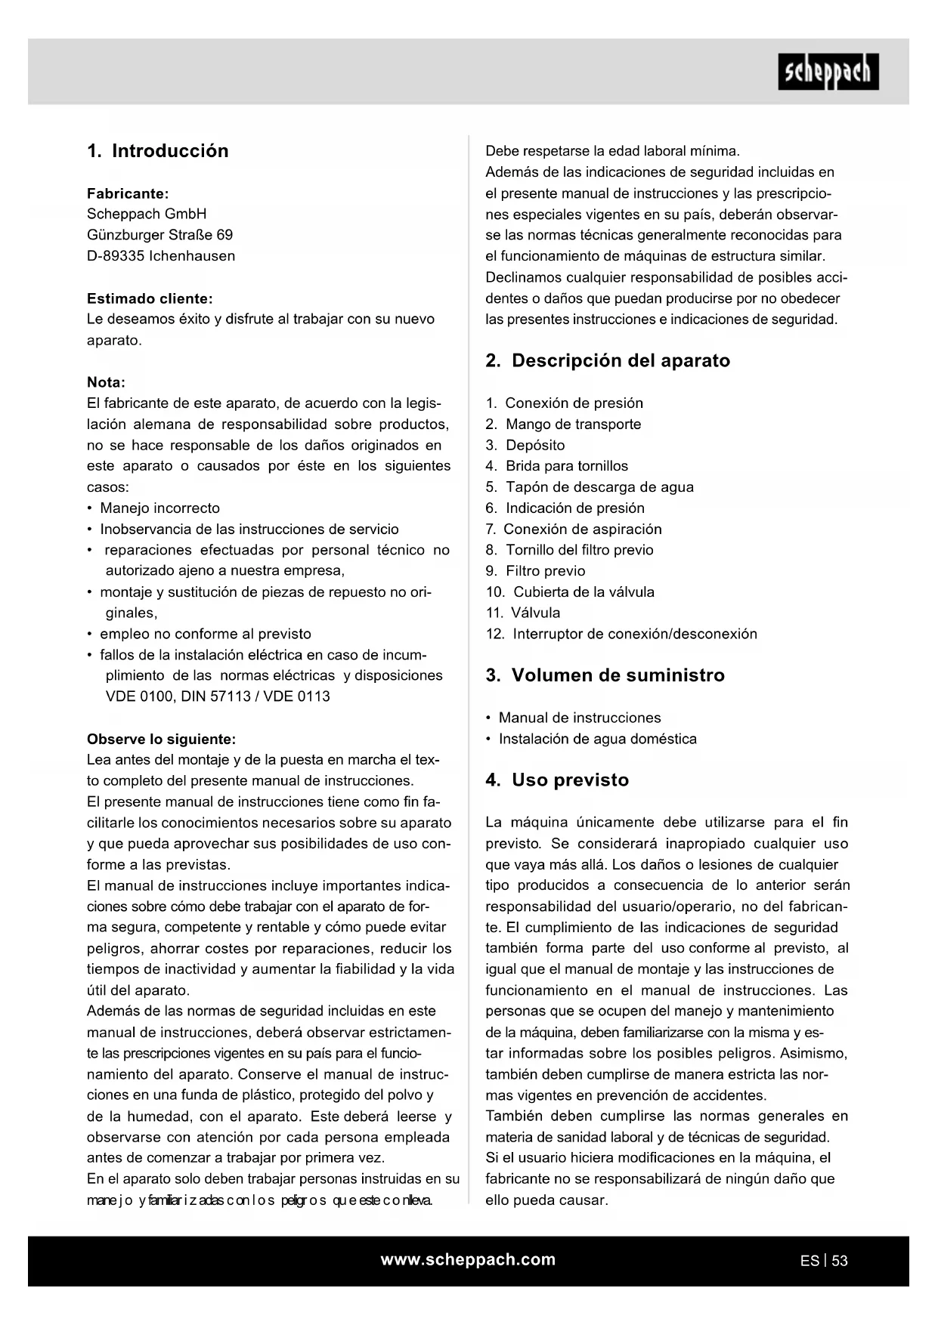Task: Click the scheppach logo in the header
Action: point(828,72)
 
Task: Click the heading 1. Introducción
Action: point(158,151)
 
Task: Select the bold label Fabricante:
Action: point(128,193)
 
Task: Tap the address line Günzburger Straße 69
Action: point(160,235)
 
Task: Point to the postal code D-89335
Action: point(116,256)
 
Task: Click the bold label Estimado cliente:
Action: point(150,298)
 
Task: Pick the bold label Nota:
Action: point(106,382)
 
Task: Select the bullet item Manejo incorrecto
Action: point(159,508)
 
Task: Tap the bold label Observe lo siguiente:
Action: point(161,739)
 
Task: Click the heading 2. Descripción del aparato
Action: point(608,361)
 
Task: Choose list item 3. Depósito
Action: point(525,446)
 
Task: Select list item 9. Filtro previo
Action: point(535,571)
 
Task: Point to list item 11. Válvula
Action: point(523,613)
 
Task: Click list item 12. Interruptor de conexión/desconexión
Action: point(621,634)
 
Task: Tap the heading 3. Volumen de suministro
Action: point(605,675)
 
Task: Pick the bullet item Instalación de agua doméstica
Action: point(597,739)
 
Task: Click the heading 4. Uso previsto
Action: point(557,780)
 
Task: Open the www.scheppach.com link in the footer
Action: point(468,1259)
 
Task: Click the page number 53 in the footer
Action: point(839,1261)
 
